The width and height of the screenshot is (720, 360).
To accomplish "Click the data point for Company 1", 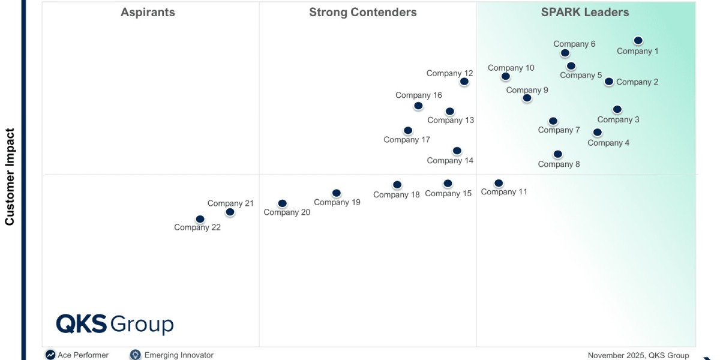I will [638, 41].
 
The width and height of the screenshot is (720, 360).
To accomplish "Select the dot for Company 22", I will [200, 220].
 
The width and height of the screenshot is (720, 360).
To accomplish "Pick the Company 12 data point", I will [464, 82].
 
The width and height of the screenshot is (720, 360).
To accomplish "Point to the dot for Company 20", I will [283, 204].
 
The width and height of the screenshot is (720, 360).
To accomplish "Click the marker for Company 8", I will [558, 155].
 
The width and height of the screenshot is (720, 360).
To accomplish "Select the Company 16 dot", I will [418, 106].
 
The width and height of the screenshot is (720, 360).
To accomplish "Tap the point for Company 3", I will [617, 110].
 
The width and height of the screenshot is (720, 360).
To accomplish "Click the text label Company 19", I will [337, 202].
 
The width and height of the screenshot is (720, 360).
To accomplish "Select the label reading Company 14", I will [450, 160].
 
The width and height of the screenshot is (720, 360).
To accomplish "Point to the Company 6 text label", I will [574, 44].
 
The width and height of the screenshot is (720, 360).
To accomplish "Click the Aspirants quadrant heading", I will [148, 12].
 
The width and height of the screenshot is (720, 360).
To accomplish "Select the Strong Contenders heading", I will [363, 12].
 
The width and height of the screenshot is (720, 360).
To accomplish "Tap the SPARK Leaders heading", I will [585, 12].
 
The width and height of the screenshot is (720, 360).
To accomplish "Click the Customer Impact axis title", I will [10, 176].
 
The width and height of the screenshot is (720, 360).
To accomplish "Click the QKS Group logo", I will [115, 324].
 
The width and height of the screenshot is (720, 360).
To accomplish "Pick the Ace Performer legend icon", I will [50, 355].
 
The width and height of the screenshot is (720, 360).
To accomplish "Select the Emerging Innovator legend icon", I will [136, 355].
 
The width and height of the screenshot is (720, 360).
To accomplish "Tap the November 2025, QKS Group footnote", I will [638, 355].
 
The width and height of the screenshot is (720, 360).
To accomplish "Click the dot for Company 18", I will [397, 185].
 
